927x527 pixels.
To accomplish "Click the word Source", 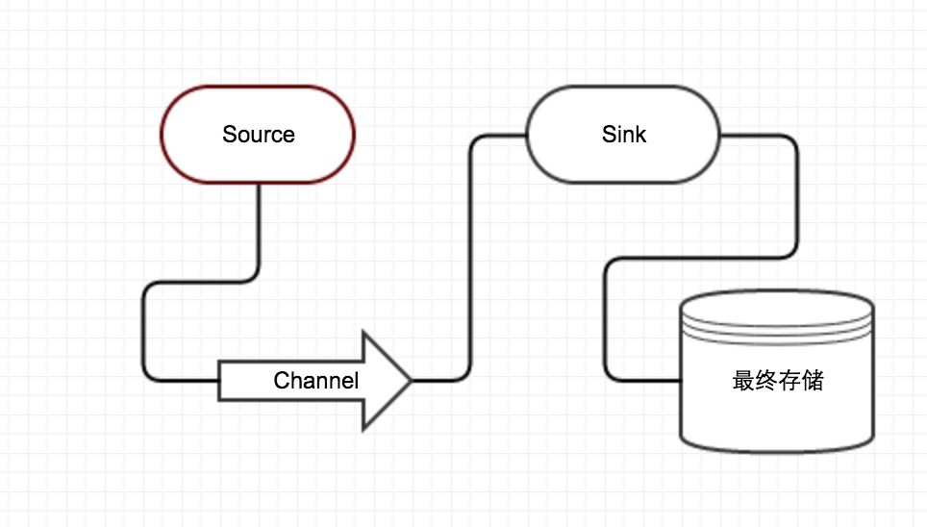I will (258, 135).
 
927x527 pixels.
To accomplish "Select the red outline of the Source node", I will (258, 87).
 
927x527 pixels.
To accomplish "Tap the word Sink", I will (623, 134).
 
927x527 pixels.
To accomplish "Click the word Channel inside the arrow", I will (315, 381).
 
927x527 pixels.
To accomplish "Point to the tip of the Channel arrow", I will (411, 381).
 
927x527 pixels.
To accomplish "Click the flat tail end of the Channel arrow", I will (221, 381).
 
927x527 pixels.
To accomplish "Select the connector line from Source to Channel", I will (144, 327).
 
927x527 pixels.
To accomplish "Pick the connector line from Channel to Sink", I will (470, 260).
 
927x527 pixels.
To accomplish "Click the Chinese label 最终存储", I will (777, 381).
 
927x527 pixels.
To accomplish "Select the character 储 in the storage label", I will (813, 381).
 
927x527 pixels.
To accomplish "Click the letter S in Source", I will (229, 135).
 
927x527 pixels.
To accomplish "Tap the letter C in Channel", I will (281, 381).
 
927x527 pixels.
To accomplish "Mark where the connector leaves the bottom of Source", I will (259, 185).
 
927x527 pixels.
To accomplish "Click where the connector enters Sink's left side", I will (527, 136).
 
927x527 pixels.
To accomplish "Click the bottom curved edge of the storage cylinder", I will (777, 448).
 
